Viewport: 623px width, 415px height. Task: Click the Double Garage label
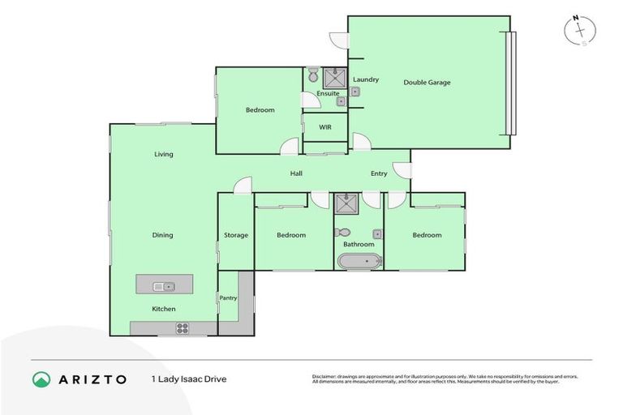click(x=427, y=82)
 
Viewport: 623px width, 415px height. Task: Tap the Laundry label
click(x=366, y=79)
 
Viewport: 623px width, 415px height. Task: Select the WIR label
click(x=325, y=127)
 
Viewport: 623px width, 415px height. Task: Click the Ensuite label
click(x=328, y=93)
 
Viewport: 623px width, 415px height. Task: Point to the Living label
click(x=164, y=154)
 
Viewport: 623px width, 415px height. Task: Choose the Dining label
click(x=162, y=235)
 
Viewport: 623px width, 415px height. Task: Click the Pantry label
click(x=229, y=297)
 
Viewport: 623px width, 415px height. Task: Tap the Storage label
click(x=236, y=235)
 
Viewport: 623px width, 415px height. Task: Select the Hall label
click(x=297, y=173)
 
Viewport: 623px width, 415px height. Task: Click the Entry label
click(x=379, y=173)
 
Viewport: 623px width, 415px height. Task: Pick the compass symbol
click(x=580, y=30)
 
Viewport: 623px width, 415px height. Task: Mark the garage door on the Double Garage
click(x=510, y=83)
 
